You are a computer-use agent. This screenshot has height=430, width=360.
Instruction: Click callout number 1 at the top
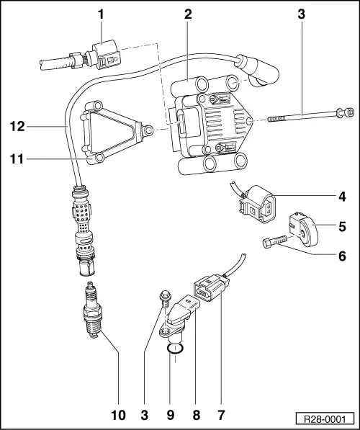[102, 14]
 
